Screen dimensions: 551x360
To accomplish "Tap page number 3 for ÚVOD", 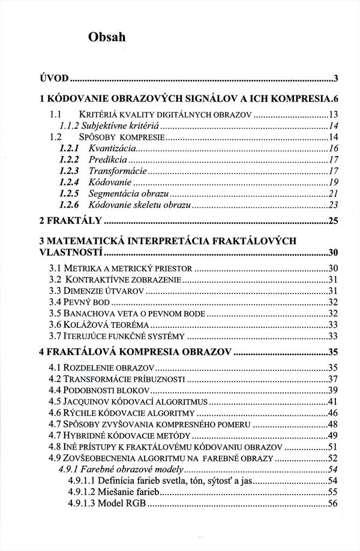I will (337, 78).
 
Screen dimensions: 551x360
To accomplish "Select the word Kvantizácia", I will (112, 148).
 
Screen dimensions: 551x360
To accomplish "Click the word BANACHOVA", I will (82, 314).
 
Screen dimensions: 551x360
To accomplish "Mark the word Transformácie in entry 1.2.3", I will (115, 170).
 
